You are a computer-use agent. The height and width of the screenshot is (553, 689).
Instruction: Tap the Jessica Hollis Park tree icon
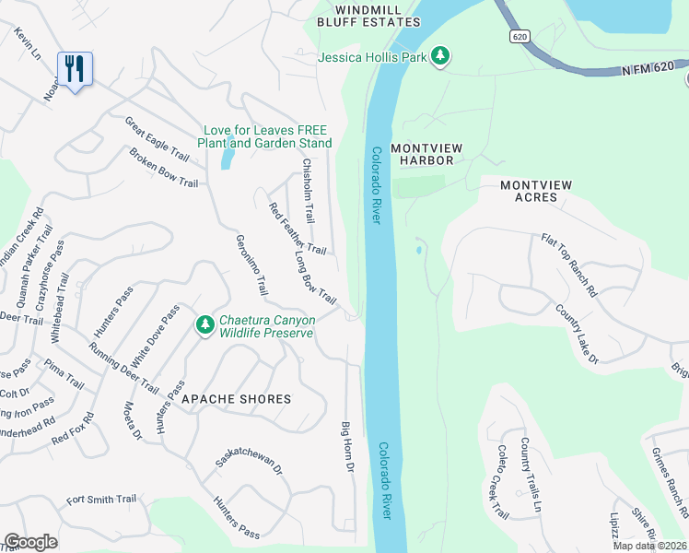tap(441, 57)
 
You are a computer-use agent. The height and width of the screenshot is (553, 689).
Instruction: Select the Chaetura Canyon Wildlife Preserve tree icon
tap(204, 325)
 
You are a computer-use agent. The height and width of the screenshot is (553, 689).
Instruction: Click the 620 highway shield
tap(520, 35)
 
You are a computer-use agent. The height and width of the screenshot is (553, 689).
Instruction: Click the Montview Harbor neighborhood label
tap(422, 154)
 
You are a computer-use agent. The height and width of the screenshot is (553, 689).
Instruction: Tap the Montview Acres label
tap(535, 191)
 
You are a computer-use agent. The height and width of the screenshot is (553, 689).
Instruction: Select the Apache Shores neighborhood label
tap(236, 399)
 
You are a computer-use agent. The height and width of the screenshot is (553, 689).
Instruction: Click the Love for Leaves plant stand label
tap(264, 136)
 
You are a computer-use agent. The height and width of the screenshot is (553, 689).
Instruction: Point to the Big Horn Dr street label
tap(348, 448)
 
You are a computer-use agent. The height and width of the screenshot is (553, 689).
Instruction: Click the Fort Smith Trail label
tap(101, 500)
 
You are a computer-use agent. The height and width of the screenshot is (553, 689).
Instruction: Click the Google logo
tap(31, 542)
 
